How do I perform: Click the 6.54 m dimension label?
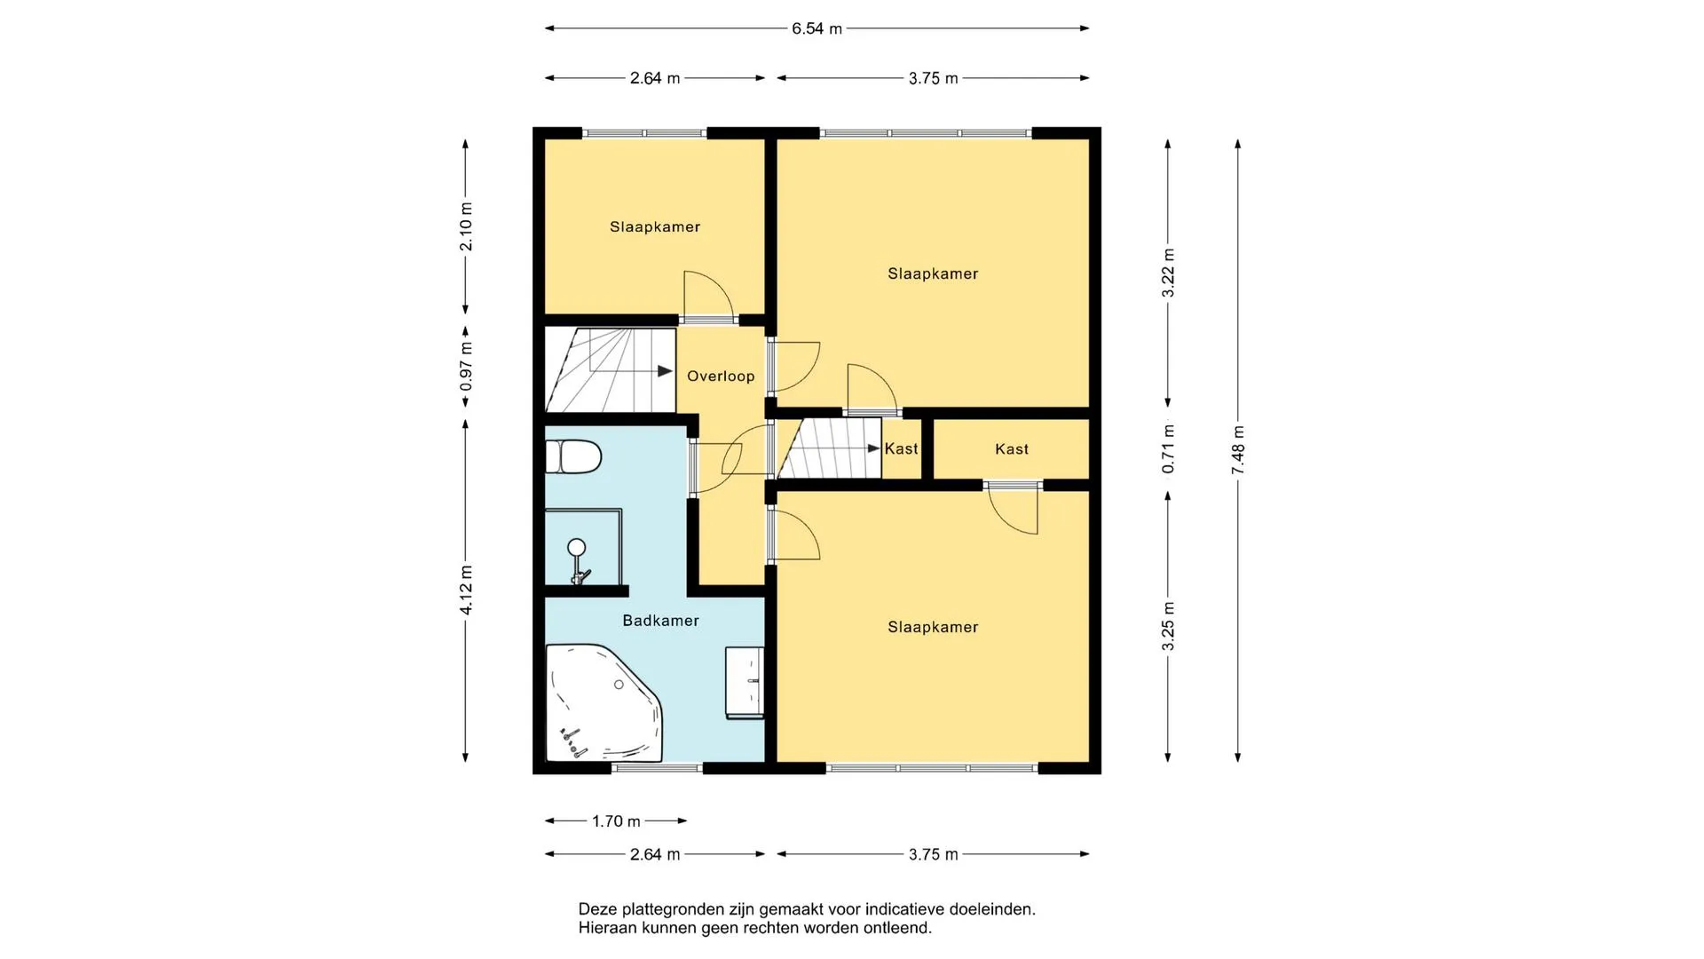816,28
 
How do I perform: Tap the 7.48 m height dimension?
1238,450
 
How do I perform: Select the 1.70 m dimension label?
616,821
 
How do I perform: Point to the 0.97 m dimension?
466,367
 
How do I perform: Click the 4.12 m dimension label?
466,590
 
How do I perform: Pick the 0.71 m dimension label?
1169,448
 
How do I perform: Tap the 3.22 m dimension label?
1169,273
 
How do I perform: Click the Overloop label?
721,376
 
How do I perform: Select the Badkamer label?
660,621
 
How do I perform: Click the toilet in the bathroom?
572,457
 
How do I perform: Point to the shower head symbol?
577,547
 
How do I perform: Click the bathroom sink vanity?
745,682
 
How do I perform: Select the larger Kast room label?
1012,449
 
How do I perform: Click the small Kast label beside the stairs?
901,449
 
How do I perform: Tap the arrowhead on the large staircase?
665,371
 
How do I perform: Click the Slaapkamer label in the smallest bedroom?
655,227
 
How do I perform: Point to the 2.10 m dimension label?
466,226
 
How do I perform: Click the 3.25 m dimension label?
1169,626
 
